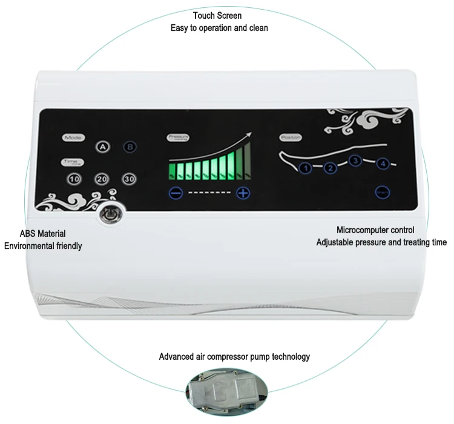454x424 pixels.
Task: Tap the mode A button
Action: (x=102, y=147)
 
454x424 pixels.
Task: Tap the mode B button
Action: (x=130, y=147)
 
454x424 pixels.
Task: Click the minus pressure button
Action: (x=176, y=193)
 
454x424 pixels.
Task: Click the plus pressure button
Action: (x=243, y=193)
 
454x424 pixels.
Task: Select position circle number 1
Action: (x=306, y=168)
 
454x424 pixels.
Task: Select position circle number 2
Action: (x=331, y=168)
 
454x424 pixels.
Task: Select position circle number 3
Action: (x=356, y=161)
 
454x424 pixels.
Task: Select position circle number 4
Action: (x=381, y=164)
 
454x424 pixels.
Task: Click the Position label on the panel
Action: (x=291, y=137)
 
